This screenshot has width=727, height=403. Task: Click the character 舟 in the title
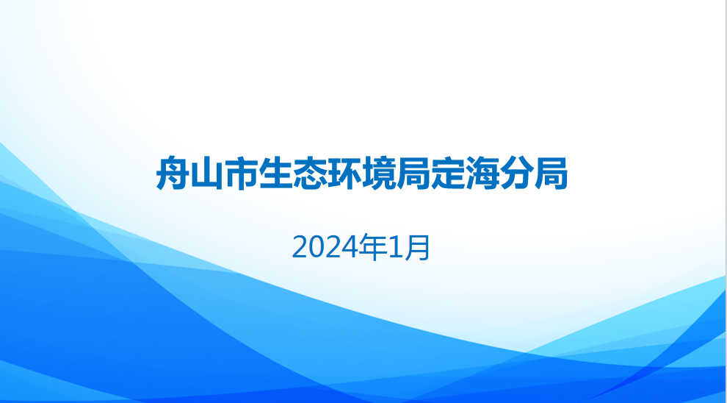[x=173, y=174]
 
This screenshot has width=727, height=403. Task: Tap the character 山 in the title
[x=207, y=174]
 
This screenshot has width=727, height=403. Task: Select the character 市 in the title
[x=241, y=174]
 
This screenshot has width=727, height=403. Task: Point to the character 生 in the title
[x=275, y=174]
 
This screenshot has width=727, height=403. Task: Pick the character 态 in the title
[x=310, y=174]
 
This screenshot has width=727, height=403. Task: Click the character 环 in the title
[x=344, y=174]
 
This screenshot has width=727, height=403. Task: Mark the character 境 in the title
[x=379, y=174]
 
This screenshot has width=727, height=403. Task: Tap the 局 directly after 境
[x=413, y=174]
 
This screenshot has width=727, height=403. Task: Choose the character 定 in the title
[x=447, y=174]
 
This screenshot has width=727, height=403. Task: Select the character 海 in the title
[x=482, y=174]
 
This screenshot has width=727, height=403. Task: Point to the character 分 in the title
[x=516, y=174]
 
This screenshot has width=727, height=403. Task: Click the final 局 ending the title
[x=551, y=174]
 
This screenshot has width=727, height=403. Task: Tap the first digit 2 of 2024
[x=300, y=248]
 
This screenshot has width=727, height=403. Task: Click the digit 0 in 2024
[x=317, y=248]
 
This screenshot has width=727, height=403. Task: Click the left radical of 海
[x=471, y=174]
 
